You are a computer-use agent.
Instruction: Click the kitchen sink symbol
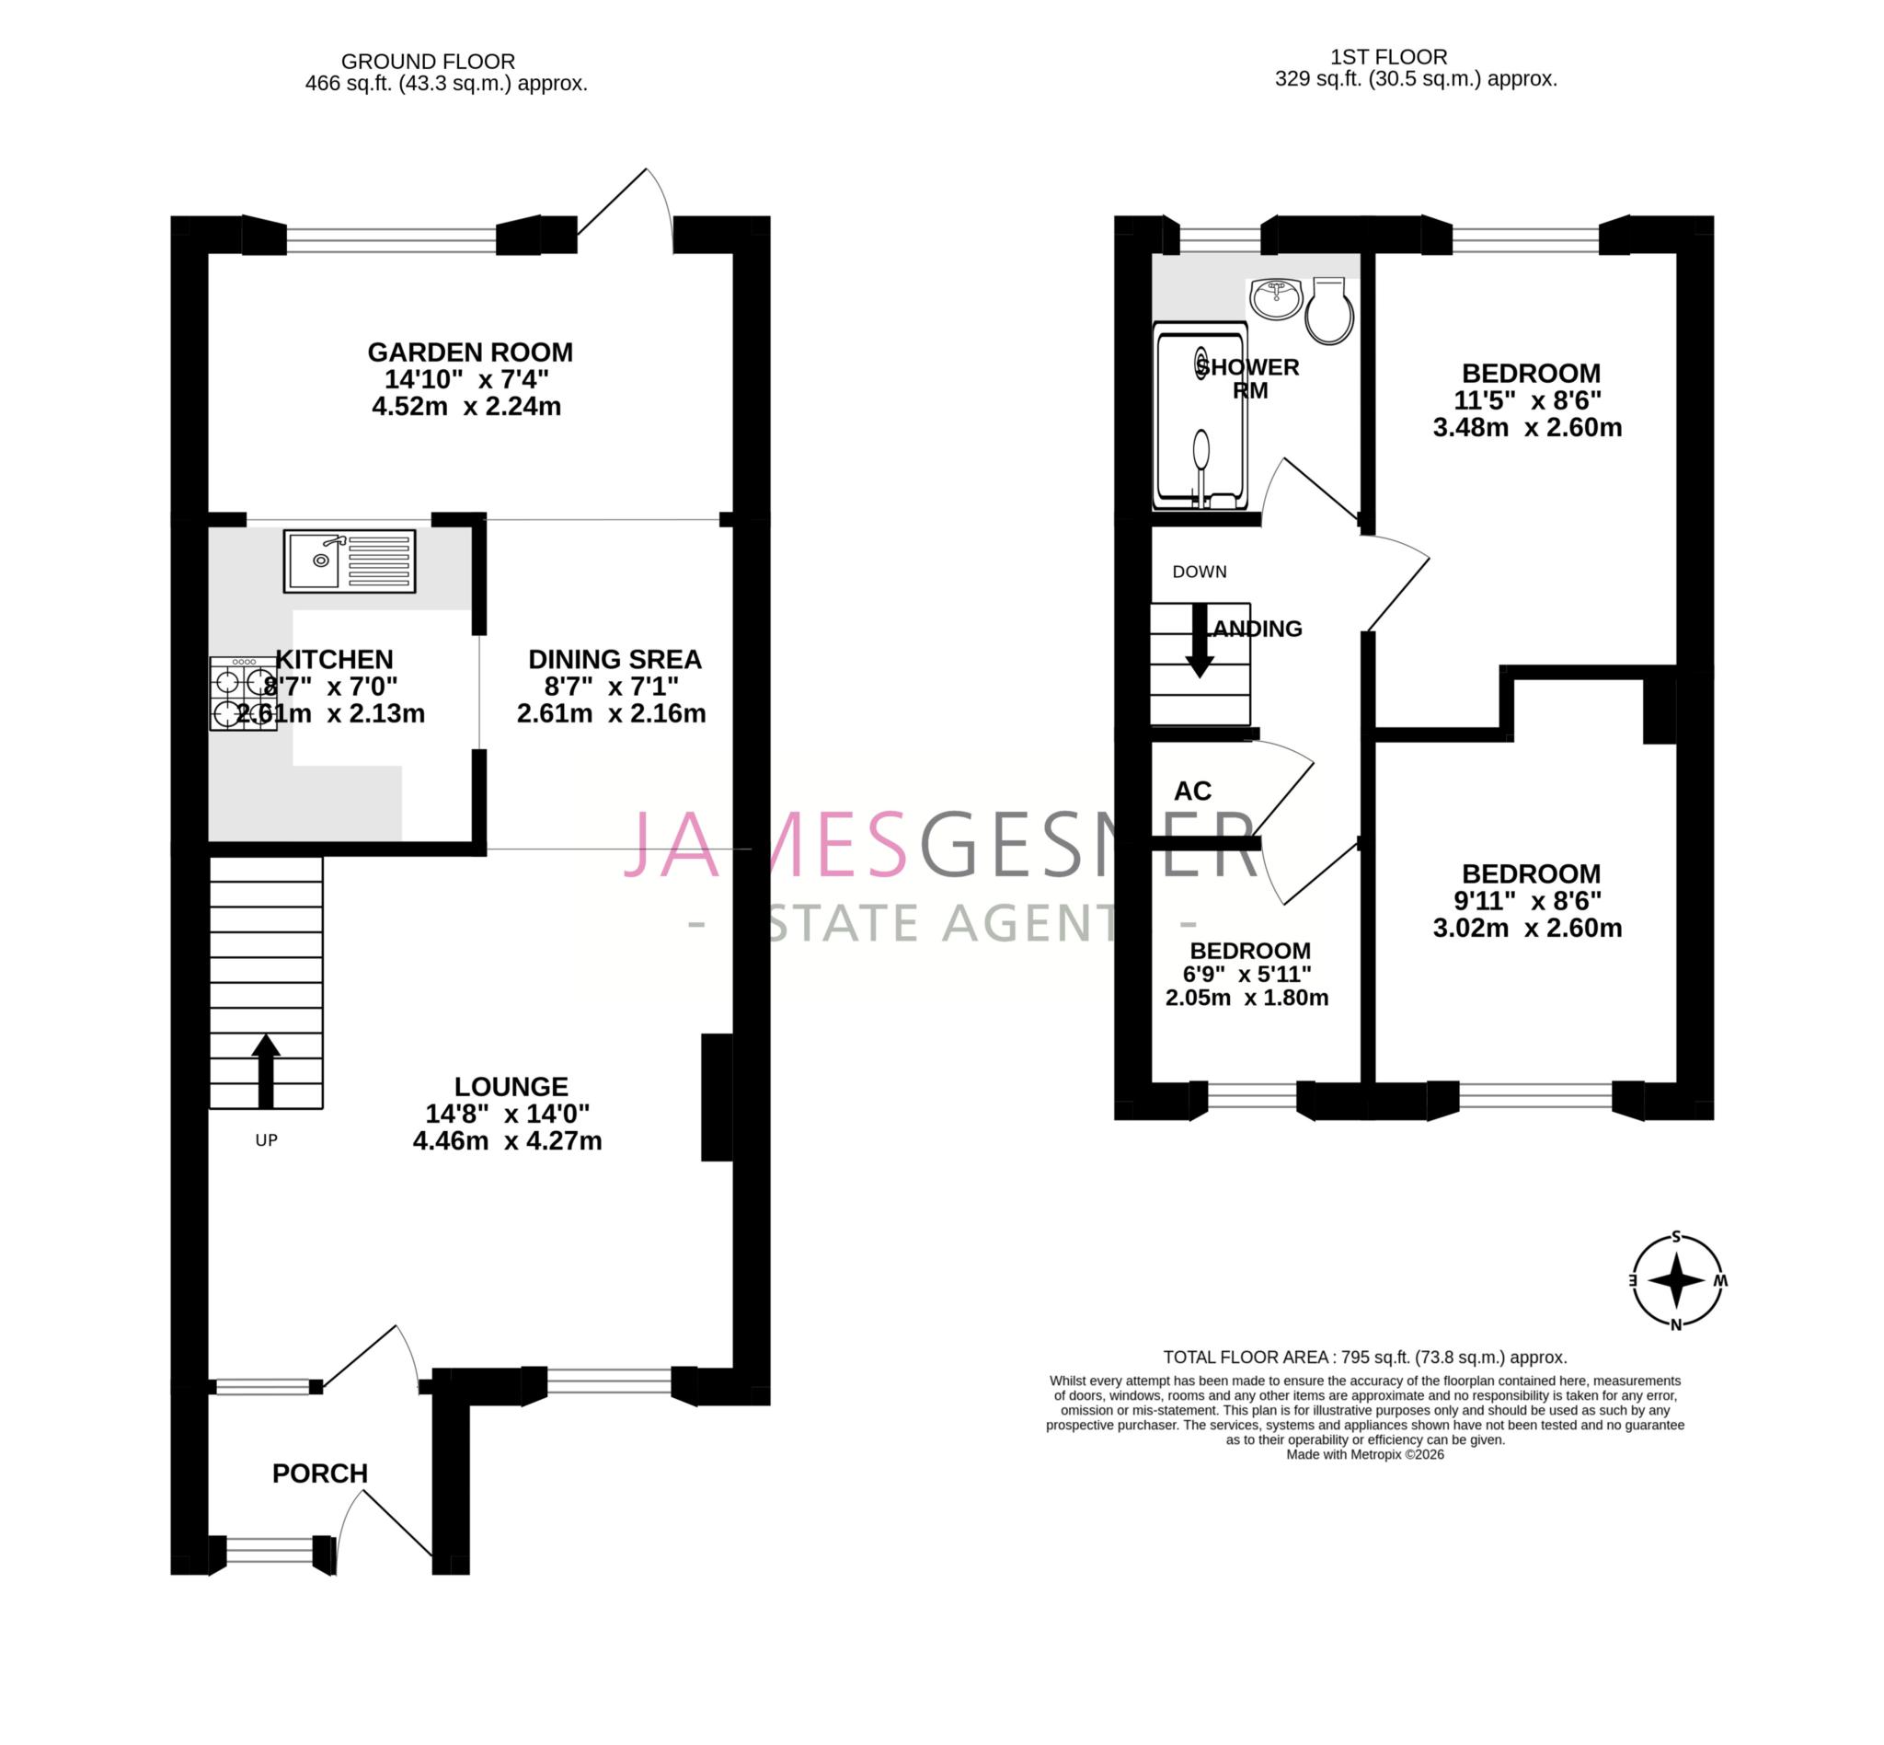(349, 560)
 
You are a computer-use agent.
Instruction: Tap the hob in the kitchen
(242, 694)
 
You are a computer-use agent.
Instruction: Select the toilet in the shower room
(1329, 312)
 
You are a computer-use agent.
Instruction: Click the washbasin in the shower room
(1275, 299)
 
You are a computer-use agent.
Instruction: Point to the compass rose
(1676, 1280)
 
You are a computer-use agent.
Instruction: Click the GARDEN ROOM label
(470, 352)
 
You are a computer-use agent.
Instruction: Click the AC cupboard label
(1192, 792)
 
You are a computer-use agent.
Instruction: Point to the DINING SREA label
(615, 659)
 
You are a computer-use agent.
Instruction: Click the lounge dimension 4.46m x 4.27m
(507, 1140)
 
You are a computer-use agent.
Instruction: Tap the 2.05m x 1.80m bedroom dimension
(1246, 997)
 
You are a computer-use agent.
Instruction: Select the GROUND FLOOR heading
(428, 62)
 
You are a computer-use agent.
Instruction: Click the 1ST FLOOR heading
(1387, 57)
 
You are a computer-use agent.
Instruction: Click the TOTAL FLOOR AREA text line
(1365, 1357)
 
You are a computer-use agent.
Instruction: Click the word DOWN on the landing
(1199, 572)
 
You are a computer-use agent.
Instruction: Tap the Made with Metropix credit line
(1365, 1455)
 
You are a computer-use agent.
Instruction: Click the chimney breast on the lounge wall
(717, 1097)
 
